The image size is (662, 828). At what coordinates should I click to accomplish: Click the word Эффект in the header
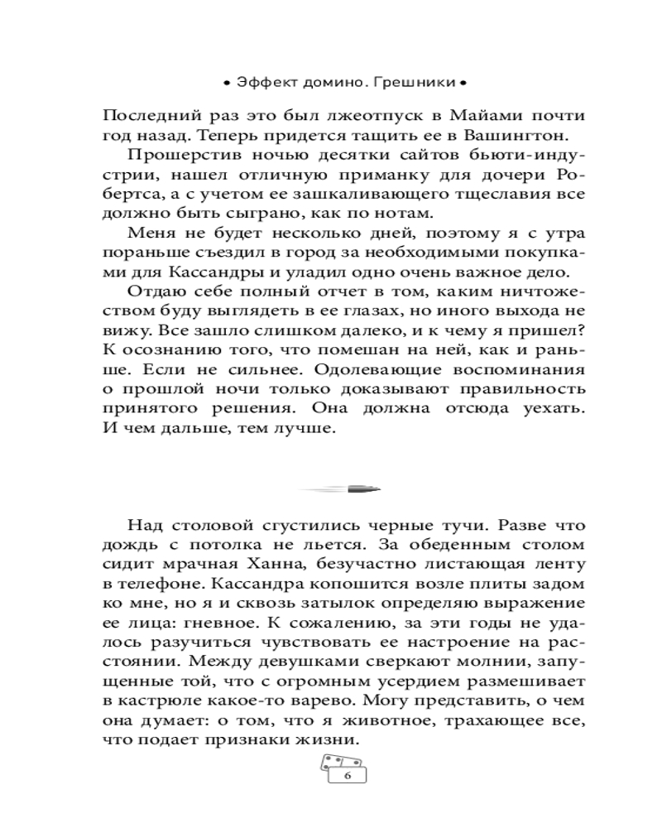click(261, 83)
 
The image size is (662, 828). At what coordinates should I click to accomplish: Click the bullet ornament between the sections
click(340, 489)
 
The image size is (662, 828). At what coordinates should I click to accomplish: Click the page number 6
click(347, 775)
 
